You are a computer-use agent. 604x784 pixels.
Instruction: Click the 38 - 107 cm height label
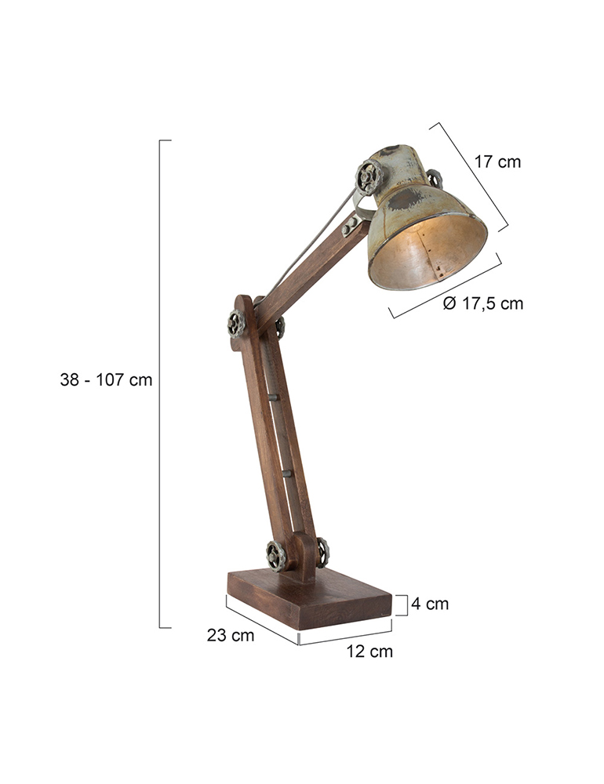coord(106,380)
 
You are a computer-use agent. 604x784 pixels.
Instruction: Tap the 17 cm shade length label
coord(497,162)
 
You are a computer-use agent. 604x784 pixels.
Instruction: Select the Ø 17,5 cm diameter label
coord(483,303)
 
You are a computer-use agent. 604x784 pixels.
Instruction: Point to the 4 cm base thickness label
coord(430,604)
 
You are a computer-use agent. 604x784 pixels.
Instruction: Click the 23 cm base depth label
coord(231,636)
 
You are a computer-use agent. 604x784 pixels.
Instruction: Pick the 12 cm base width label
coord(369,652)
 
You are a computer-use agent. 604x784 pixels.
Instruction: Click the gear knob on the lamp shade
coord(369,177)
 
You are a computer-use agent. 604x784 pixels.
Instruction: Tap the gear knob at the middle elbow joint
coord(236,324)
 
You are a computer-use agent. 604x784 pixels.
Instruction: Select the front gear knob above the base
coord(276,556)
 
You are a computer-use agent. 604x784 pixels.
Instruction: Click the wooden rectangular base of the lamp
coord(310,598)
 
